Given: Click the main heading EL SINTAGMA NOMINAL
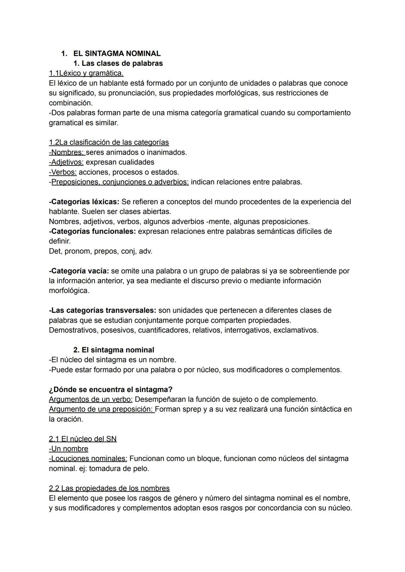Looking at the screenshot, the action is (x=117, y=54).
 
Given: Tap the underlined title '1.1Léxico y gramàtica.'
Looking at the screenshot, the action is (x=86, y=73).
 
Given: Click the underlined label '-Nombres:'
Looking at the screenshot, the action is (x=67, y=152).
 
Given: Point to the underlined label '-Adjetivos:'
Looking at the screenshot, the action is (x=66, y=162).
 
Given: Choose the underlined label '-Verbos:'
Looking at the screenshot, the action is (x=63, y=172).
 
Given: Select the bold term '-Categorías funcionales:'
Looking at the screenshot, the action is (x=92, y=231).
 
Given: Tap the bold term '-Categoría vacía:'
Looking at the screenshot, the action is (x=79, y=271).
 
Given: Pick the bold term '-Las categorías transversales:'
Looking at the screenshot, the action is (x=102, y=311).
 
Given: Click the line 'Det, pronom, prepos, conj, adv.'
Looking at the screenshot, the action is (x=100, y=251).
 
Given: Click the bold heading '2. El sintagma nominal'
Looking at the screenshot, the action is (x=114, y=350).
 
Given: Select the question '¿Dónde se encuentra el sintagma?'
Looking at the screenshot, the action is (x=111, y=389).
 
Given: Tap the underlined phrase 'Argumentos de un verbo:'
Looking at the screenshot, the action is (x=91, y=399).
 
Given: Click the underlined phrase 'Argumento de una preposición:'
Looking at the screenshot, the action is (x=102, y=409).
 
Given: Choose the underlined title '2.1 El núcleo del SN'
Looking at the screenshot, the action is (x=82, y=439).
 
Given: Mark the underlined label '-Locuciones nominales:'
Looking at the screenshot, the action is (x=88, y=459).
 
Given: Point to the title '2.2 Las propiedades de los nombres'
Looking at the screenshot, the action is (x=109, y=488).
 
